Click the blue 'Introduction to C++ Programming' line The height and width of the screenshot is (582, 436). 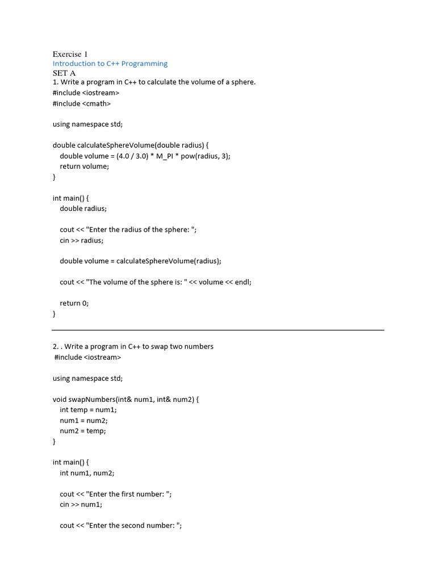tap(110, 64)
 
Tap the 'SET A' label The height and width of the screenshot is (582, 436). tap(64, 73)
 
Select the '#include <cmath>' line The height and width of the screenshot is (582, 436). tap(82, 103)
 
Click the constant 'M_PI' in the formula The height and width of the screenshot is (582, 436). tap(167, 156)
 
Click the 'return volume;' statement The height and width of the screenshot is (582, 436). tap(84, 167)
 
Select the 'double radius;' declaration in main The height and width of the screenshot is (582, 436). tap(83, 209)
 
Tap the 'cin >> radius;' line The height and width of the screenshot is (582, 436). tap(82, 240)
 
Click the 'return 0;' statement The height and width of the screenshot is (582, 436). tap(74, 303)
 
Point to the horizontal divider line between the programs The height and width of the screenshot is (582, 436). tap(218, 330)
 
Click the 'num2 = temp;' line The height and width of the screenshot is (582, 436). tap(83, 431)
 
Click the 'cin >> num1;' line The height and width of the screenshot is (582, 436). tap(81, 504)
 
